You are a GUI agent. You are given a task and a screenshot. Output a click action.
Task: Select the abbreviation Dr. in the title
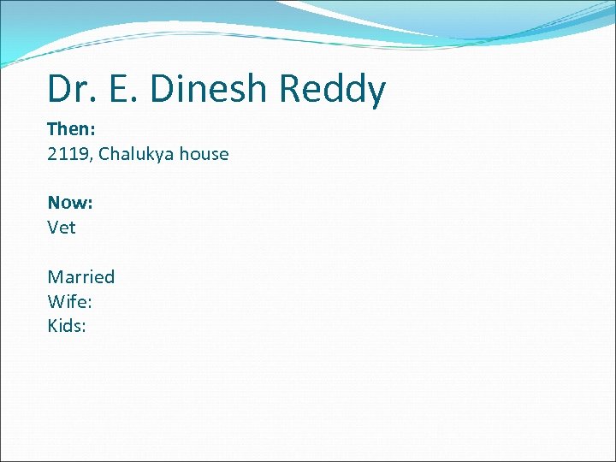(70, 89)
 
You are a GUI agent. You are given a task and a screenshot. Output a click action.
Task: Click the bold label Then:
(70, 130)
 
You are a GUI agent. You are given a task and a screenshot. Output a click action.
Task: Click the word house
(204, 154)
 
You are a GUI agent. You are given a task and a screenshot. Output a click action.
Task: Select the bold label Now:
(70, 203)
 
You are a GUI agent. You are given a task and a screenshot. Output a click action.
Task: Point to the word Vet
(62, 228)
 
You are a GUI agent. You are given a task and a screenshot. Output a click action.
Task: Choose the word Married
(81, 276)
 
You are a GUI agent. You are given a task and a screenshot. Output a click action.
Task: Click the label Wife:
(70, 301)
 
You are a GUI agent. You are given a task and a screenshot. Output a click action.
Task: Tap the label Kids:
(68, 326)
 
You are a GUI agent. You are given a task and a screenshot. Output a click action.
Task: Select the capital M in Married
(55, 276)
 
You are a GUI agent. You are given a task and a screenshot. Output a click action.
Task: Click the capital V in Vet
(53, 228)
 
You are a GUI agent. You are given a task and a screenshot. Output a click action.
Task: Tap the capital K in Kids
(53, 326)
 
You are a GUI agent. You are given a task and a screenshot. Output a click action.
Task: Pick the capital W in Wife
(56, 301)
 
